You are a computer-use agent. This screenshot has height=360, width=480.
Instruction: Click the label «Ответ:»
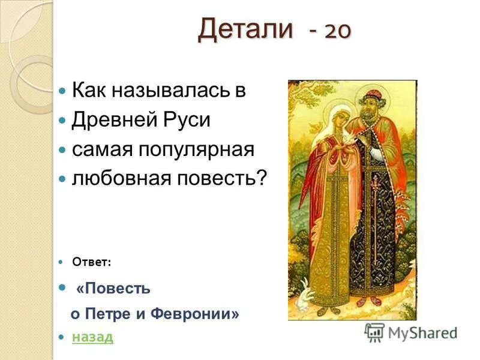[x=91, y=262]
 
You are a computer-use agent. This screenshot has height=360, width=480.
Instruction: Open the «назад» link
[x=92, y=337]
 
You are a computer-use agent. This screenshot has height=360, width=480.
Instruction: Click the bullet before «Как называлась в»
[x=63, y=92]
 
